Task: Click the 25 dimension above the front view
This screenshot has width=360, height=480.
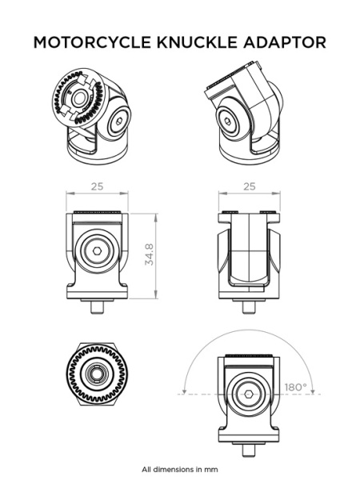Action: pos(97,186)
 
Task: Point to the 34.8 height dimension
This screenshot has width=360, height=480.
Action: pos(149,254)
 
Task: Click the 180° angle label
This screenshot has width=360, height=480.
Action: pos(294,387)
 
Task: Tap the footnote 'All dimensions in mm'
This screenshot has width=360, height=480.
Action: pos(179,469)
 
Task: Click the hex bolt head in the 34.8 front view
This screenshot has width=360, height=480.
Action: pos(97,252)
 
